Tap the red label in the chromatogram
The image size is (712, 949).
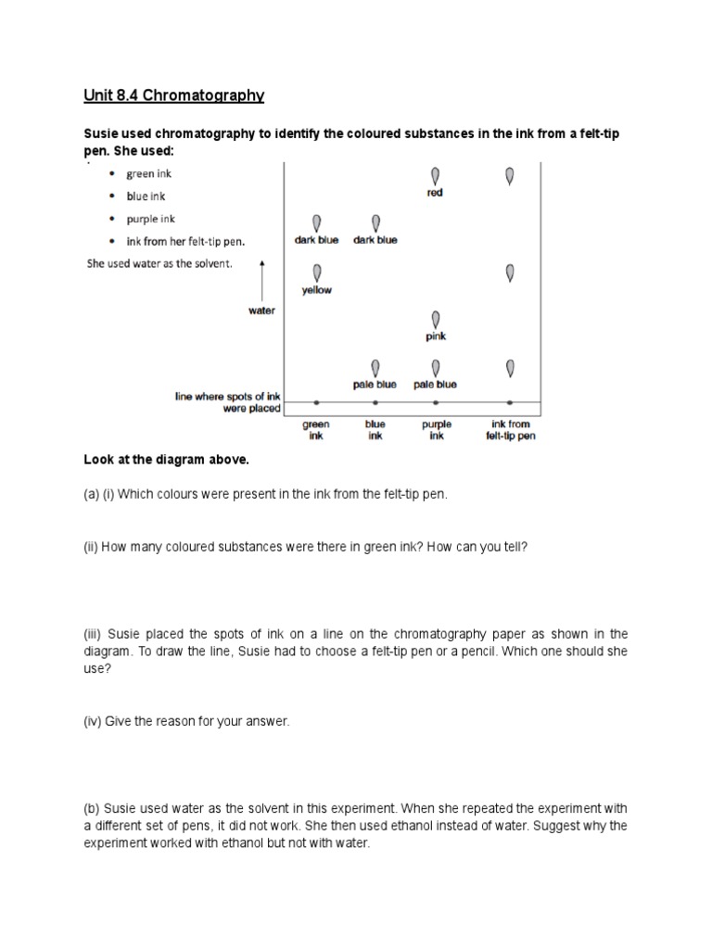click(435, 193)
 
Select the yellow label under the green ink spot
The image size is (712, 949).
click(317, 290)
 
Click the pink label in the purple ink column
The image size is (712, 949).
click(436, 336)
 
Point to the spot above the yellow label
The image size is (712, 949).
click(317, 272)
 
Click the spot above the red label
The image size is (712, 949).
click(436, 175)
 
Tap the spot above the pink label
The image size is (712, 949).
click(436, 320)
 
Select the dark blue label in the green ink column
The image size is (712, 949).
click(317, 240)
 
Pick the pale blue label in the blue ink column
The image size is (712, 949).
click(375, 385)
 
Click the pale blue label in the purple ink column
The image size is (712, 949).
click(436, 385)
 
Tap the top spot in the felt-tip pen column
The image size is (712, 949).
click(510, 175)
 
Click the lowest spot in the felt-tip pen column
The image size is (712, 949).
click(510, 368)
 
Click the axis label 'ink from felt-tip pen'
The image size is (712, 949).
click(511, 430)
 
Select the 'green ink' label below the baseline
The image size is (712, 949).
click(316, 430)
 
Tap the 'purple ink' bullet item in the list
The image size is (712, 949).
click(150, 220)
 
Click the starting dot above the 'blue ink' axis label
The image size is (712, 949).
click(375, 403)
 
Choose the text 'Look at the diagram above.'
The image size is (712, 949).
click(167, 460)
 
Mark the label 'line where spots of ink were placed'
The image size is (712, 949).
click(227, 402)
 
